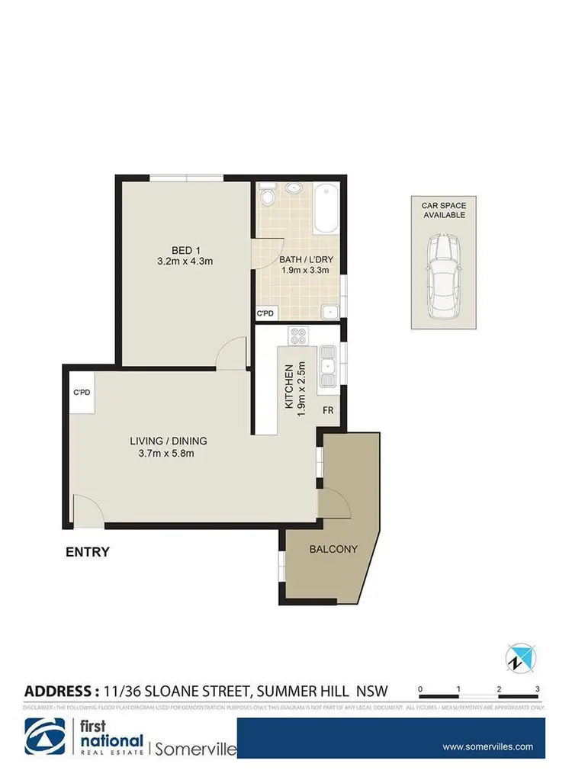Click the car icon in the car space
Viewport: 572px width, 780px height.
[x=443, y=276]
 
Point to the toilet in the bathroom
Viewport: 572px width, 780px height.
[x=266, y=197]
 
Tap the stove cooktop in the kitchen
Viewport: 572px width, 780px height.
[x=297, y=335]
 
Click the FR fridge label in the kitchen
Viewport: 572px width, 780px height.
[x=329, y=410]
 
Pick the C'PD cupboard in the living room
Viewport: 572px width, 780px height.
[x=82, y=394]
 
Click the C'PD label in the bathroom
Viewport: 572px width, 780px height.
[x=265, y=313]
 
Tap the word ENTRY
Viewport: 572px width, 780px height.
[x=86, y=552]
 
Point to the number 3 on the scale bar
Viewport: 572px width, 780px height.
[x=538, y=689]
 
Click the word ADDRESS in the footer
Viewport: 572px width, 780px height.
[x=59, y=692]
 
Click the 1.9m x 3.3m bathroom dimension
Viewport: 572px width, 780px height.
[x=300, y=269]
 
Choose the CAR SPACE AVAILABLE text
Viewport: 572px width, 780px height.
[x=444, y=210]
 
